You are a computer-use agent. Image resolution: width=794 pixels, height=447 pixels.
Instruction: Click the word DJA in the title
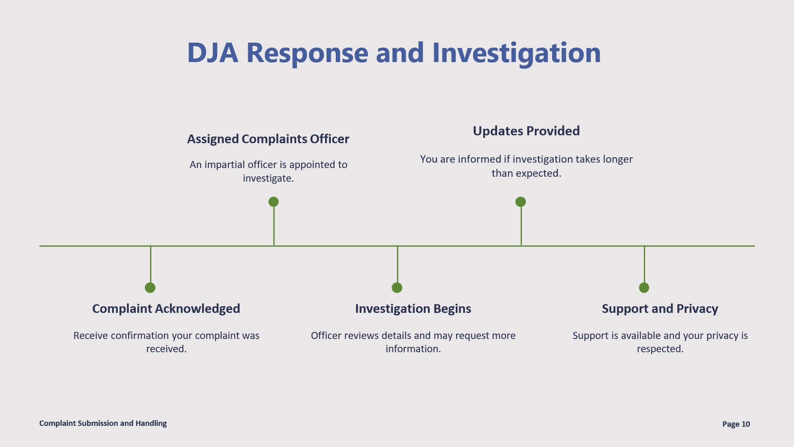213,53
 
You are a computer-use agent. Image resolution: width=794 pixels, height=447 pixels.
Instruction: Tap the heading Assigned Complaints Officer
268,139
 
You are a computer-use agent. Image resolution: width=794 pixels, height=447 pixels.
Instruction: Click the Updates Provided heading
526,131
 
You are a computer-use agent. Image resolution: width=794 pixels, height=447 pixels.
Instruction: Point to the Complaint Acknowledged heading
166,309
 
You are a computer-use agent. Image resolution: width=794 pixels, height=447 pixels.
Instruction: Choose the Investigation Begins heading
413,309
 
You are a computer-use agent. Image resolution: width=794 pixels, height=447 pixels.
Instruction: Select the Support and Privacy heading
660,309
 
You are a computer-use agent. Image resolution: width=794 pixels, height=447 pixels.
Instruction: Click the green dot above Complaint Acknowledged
150,288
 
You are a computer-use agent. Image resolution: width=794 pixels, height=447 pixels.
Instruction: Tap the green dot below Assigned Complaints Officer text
273,202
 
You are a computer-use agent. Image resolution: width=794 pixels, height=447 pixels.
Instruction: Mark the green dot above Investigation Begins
397,288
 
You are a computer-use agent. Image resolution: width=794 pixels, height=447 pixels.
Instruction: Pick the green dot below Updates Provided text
521,202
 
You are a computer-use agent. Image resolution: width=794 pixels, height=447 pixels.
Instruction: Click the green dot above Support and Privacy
644,288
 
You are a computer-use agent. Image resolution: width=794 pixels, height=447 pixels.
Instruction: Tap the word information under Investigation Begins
413,349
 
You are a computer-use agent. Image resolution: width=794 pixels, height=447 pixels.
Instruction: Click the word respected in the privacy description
660,349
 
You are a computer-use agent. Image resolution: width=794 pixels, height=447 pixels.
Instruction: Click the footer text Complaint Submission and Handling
103,423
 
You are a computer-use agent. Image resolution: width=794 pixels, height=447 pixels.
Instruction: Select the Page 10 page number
736,424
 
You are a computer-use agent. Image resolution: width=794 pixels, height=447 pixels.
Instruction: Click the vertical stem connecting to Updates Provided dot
521,226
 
